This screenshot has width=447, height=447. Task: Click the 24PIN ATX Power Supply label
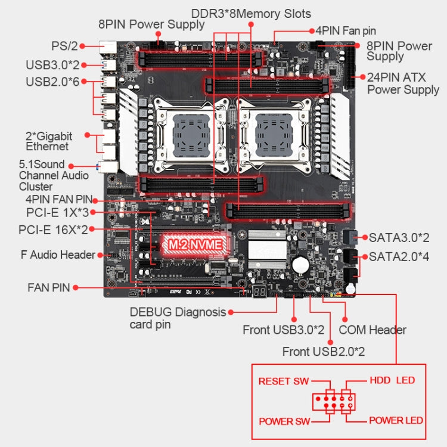point(403,83)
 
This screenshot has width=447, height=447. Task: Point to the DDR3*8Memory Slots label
point(251,13)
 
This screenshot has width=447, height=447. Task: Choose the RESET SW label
point(283,381)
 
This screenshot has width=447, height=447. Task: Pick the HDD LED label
point(392,380)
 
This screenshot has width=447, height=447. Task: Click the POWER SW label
point(284,421)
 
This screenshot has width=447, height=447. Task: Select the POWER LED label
point(396,420)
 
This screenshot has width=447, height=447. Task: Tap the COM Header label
point(372,330)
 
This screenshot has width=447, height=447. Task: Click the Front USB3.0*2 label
point(283,330)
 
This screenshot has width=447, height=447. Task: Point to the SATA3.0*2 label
point(399,237)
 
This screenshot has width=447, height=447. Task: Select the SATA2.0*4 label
point(399,257)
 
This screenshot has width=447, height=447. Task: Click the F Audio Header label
point(58,255)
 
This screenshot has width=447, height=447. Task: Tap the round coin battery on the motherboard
point(299,263)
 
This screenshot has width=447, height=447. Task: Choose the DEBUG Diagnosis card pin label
point(178,318)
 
